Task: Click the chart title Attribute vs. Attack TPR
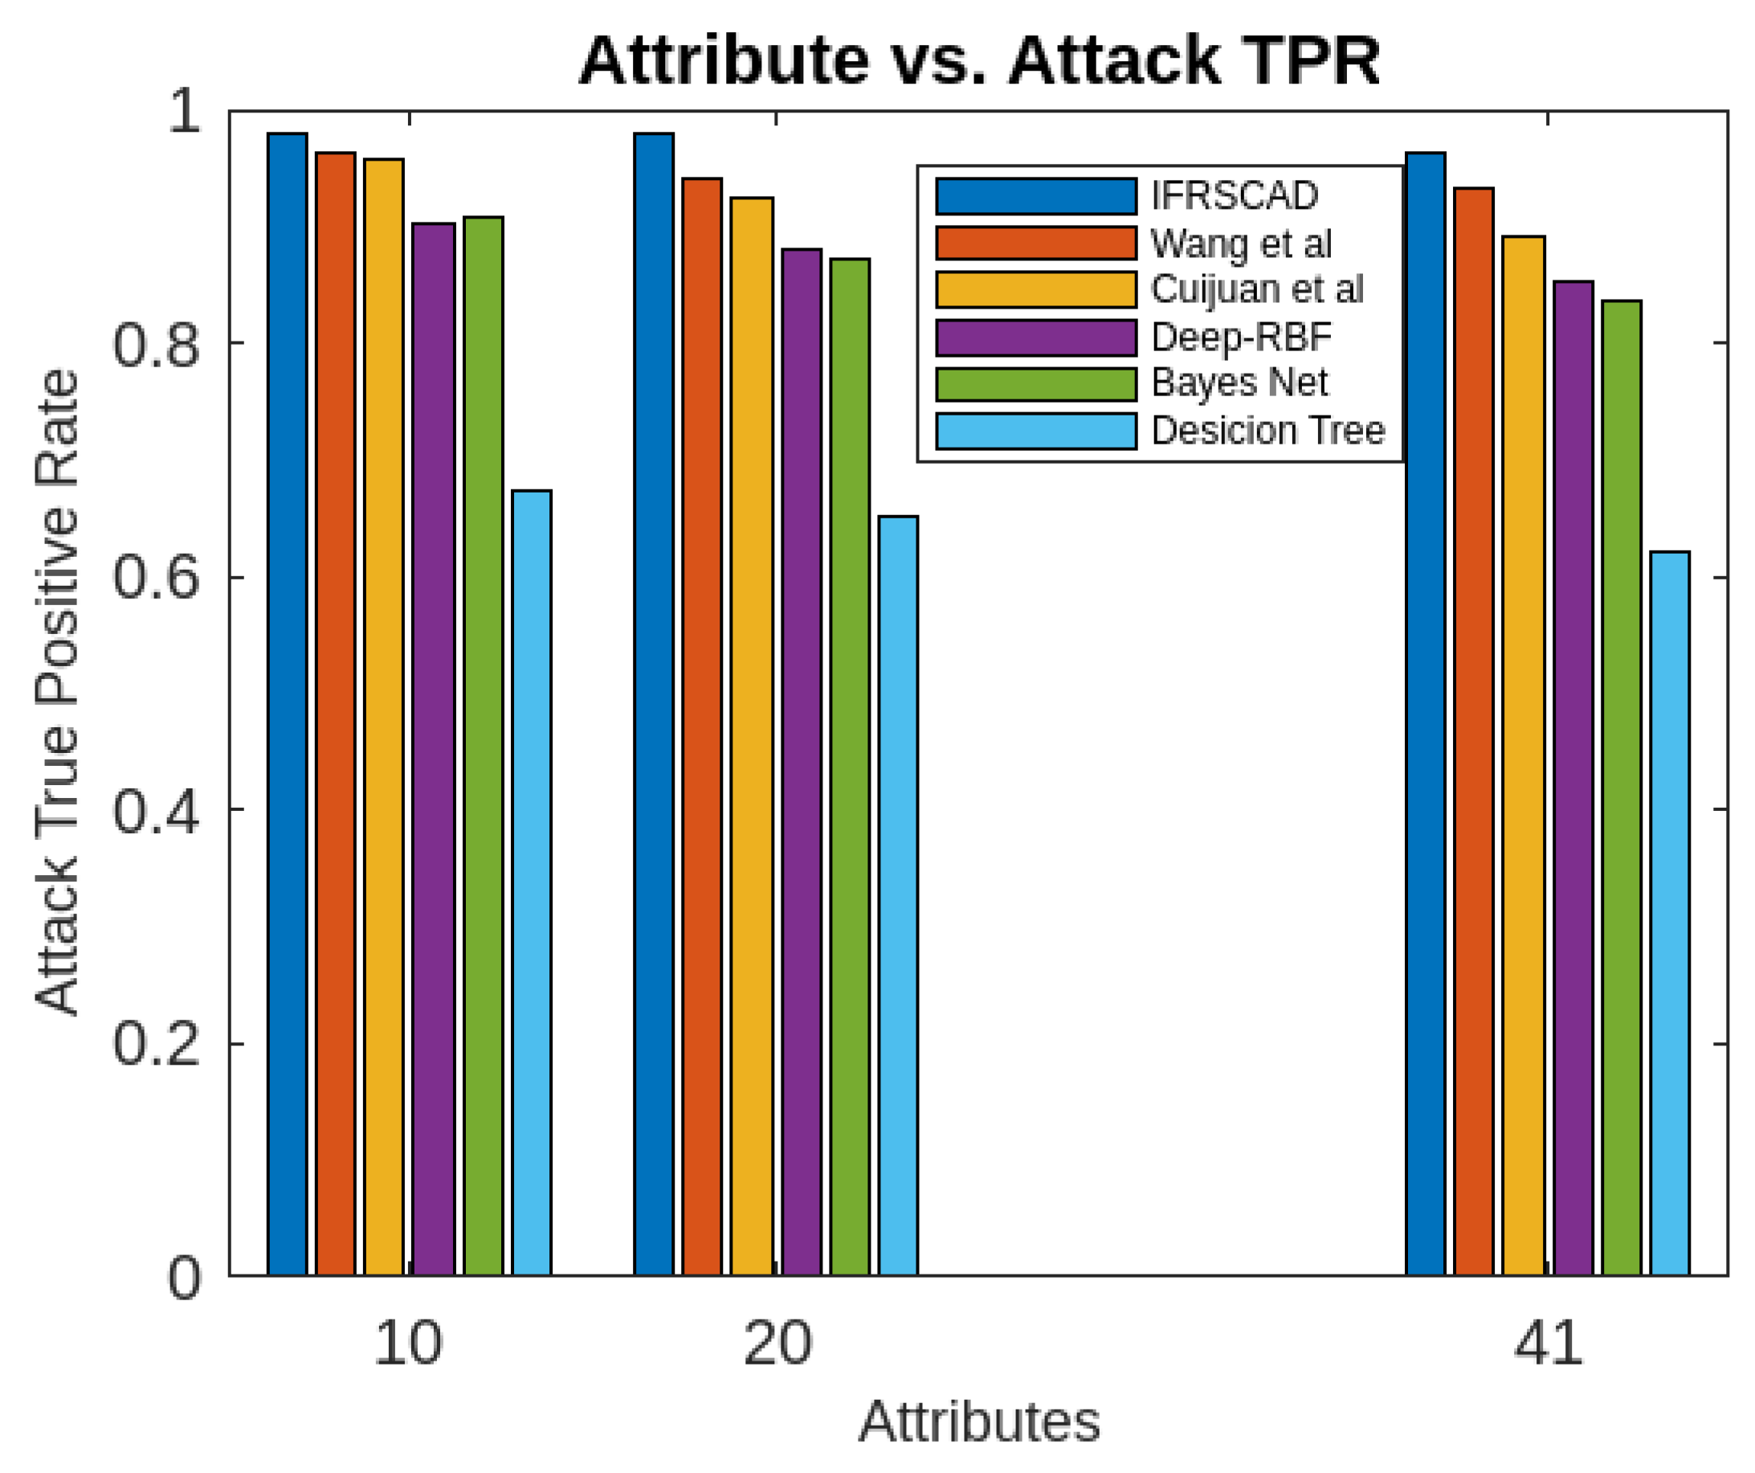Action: pos(978,60)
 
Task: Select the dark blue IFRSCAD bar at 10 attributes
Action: pos(288,702)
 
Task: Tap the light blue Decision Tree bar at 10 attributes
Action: pos(532,882)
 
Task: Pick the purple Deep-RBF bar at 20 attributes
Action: pos(802,761)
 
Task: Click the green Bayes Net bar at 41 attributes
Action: pos(1622,786)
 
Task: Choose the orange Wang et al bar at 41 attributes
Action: pos(1473,731)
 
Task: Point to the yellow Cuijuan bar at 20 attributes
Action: pos(751,735)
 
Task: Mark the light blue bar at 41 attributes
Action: pos(1670,911)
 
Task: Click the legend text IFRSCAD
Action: pos(1235,195)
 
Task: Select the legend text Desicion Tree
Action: pos(1267,431)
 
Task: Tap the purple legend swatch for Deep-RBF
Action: pos(1035,338)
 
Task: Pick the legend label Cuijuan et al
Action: pos(1257,289)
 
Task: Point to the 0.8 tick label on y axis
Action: pos(157,344)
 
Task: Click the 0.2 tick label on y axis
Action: pos(157,1043)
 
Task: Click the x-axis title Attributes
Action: pos(978,1422)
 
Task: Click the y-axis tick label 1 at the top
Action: pos(184,110)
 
